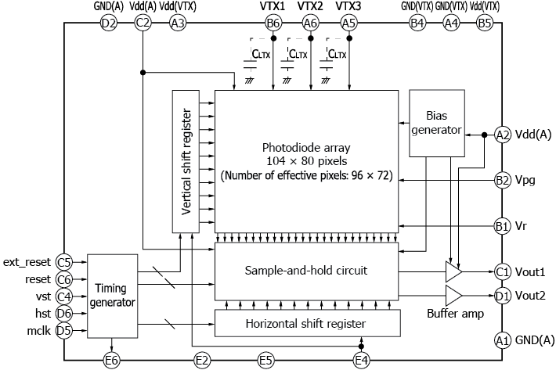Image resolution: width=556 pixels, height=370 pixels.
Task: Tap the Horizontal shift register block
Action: (x=306, y=322)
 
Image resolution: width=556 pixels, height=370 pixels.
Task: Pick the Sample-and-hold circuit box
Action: (x=306, y=271)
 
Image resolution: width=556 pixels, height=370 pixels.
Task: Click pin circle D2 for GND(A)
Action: (x=108, y=23)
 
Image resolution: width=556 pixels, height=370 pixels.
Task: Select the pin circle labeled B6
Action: (x=273, y=23)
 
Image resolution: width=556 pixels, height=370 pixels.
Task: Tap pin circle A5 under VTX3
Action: (x=348, y=23)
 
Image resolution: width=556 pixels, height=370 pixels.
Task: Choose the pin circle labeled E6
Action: (x=112, y=360)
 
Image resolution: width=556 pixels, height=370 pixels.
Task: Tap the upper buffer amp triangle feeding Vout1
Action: (x=453, y=271)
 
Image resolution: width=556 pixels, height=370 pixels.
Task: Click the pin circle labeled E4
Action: (x=360, y=360)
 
